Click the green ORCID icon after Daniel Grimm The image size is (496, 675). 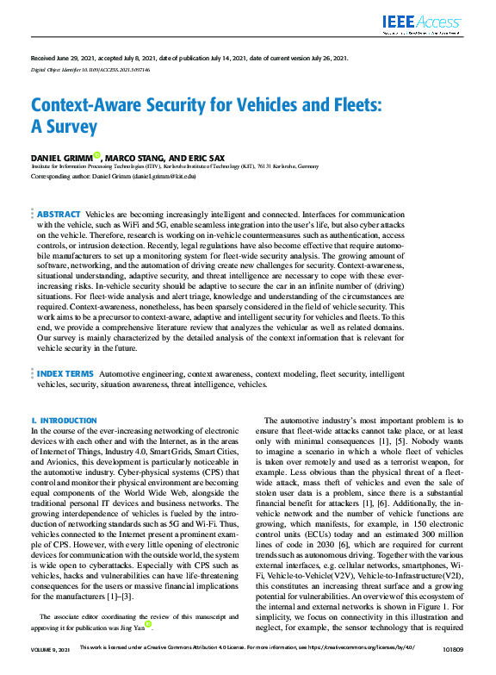click(x=97, y=155)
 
